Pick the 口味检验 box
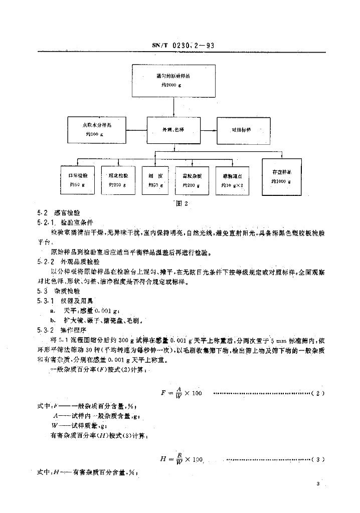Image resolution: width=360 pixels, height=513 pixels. [x=78, y=180]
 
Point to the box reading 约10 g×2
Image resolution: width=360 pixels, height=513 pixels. [x=232, y=180]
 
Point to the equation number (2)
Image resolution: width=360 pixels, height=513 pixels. [x=320, y=393]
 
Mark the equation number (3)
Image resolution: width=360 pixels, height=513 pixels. [x=320, y=459]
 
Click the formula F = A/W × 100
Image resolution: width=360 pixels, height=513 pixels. [x=182, y=393]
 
